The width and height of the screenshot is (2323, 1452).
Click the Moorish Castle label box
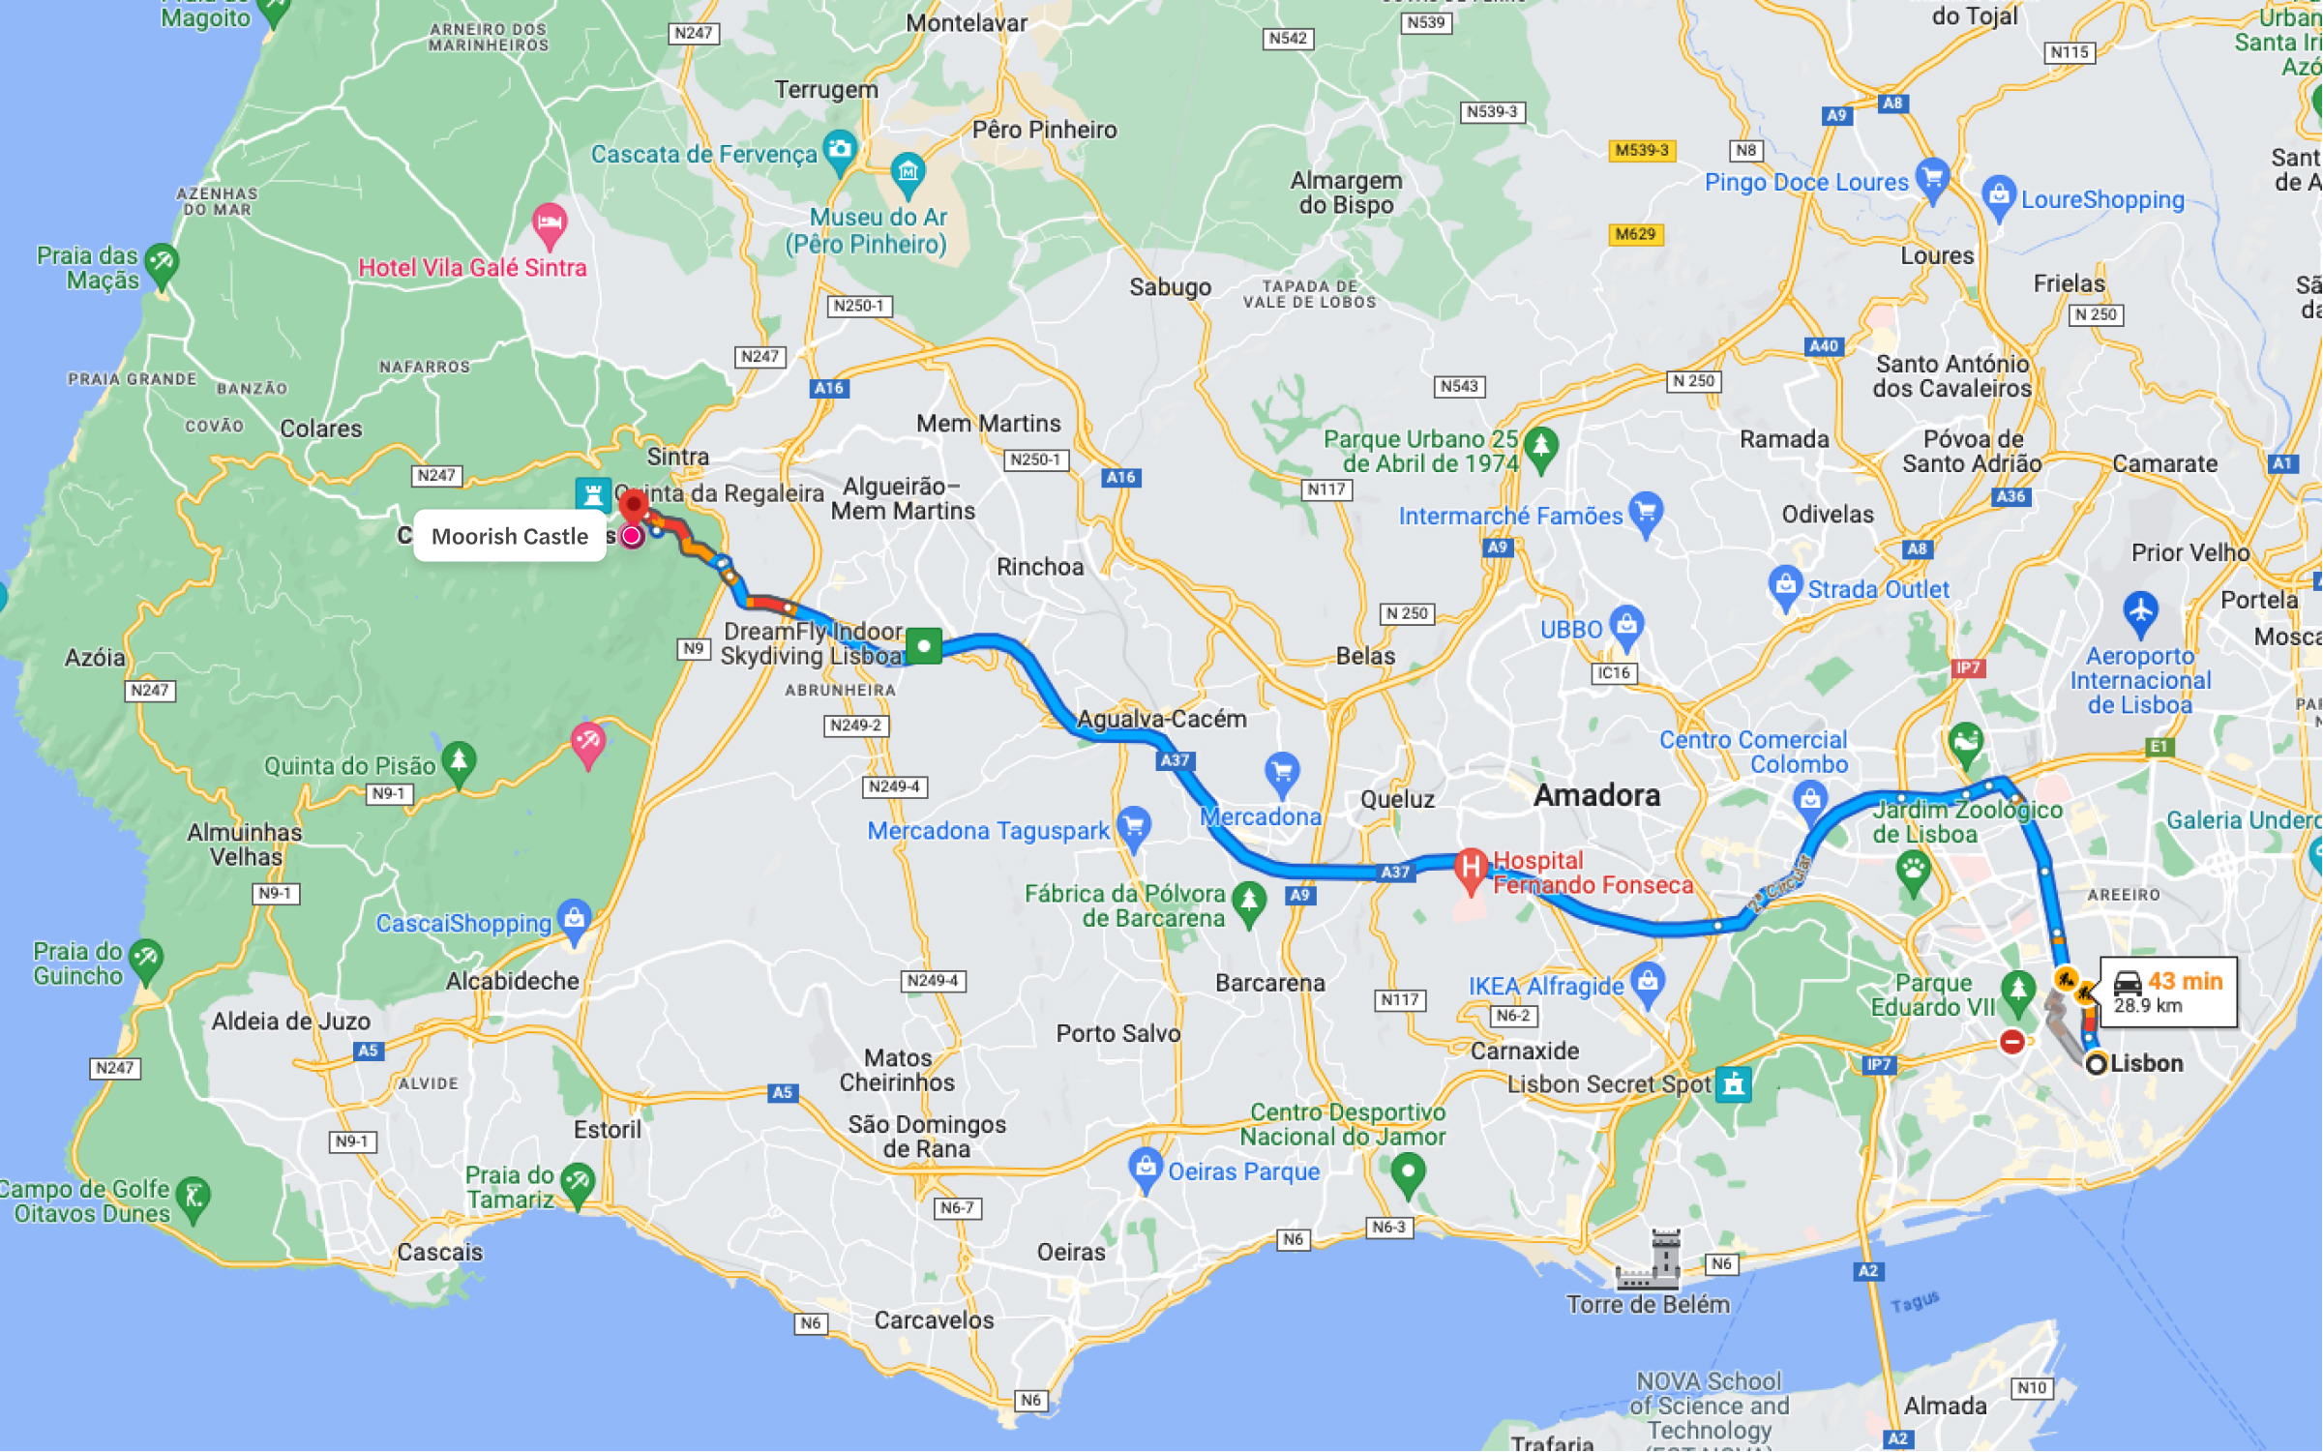[x=509, y=536]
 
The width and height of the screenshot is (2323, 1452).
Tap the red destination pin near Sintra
[x=633, y=505]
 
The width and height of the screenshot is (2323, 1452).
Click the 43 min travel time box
[x=2168, y=992]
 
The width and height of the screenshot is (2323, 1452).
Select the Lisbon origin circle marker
[x=2096, y=1064]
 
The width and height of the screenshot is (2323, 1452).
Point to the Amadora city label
[x=1596, y=795]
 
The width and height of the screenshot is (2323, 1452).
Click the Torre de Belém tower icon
[x=1652, y=1260]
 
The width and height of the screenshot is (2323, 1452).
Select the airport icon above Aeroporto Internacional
[x=2140, y=612]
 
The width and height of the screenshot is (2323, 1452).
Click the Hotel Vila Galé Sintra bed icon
[x=550, y=223]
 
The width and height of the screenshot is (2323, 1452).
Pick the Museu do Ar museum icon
[x=908, y=172]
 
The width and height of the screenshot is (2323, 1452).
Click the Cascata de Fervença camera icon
[x=840, y=150]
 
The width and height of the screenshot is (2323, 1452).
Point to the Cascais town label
[x=439, y=1252]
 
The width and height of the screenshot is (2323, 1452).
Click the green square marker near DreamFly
[x=924, y=645]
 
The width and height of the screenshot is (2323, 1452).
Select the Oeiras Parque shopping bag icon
[x=1146, y=1167]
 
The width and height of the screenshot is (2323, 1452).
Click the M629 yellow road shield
[x=1635, y=234]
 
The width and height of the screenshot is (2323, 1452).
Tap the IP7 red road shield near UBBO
[x=1967, y=667]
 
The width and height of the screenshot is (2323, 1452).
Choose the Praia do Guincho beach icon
[x=146, y=960]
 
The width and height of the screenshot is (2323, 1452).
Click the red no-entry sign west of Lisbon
[x=2012, y=1042]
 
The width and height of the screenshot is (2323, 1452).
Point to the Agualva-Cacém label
[x=1161, y=719]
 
